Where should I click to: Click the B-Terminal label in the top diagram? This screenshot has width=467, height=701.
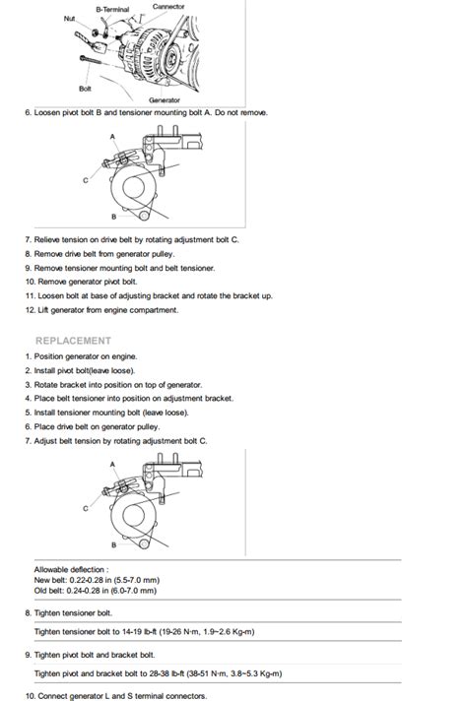pyautogui.click(x=112, y=9)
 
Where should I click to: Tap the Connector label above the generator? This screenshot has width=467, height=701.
pyautogui.click(x=168, y=6)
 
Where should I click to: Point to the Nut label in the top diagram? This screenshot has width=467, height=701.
pyautogui.click(x=69, y=19)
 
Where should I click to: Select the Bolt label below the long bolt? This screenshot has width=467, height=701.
pyautogui.click(x=85, y=89)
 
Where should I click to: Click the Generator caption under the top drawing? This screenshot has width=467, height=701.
pyautogui.click(x=165, y=100)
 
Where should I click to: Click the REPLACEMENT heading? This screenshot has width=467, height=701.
pyautogui.click(x=73, y=341)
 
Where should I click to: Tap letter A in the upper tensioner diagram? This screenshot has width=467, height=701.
pyautogui.click(x=112, y=136)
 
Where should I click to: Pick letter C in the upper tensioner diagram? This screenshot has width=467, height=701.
pyautogui.click(x=86, y=180)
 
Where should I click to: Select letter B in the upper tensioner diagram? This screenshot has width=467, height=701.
pyautogui.click(x=113, y=217)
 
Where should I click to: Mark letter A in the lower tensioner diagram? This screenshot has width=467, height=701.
pyautogui.click(x=112, y=465)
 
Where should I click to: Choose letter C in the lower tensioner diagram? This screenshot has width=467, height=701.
pyautogui.click(x=86, y=509)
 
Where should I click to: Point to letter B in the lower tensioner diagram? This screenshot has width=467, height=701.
pyautogui.click(x=113, y=545)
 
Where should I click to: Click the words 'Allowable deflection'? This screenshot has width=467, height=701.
pyautogui.click(x=69, y=569)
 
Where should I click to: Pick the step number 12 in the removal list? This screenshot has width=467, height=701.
pyautogui.click(x=30, y=310)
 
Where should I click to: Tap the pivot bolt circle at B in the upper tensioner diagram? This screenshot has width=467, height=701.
pyautogui.click(x=144, y=217)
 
